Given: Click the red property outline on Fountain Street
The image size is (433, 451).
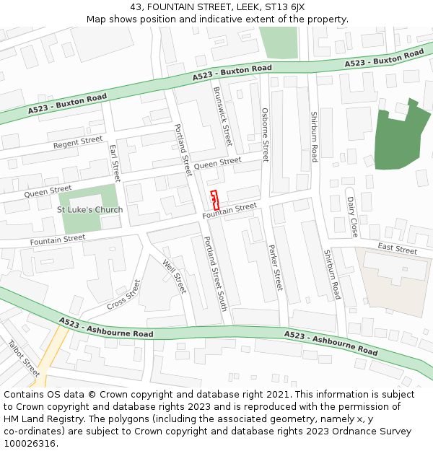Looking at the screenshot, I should click(x=214, y=200).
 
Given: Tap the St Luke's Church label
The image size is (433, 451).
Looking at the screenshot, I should click(x=89, y=210).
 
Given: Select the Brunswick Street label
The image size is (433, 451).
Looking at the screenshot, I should click(x=222, y=116).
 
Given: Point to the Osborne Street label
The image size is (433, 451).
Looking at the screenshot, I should click(x=265, y=135).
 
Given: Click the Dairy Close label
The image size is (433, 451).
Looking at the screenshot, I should click(x=351, y=216).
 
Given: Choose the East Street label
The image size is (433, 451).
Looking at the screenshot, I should click(x=398, y=250).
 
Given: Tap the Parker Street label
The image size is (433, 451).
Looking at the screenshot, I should click(x=274, y=267).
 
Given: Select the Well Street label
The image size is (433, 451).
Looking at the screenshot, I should click(x=175, y=276).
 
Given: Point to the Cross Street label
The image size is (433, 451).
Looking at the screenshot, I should click(x=123, y=294).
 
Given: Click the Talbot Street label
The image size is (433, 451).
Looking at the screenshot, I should click(x=25, y=359).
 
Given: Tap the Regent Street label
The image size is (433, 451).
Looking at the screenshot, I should click(x=78, y=143).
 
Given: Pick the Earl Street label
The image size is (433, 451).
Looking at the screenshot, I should click(x=114, y=162).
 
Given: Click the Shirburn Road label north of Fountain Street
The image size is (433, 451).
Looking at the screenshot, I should click(x=314, y=136).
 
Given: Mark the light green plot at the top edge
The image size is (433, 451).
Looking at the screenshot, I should click(x=279, y=43).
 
